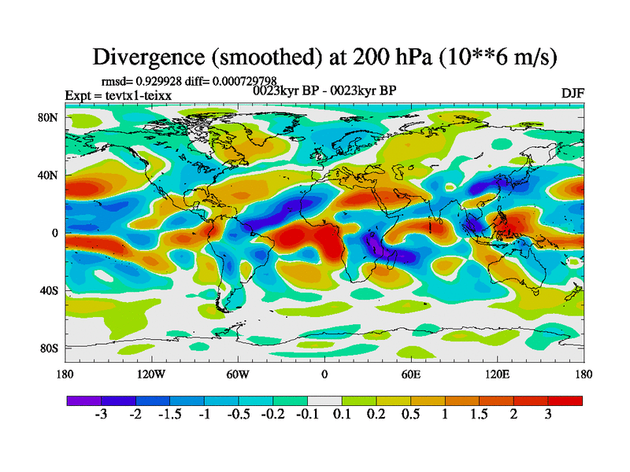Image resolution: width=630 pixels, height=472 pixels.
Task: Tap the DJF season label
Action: click(573, 93)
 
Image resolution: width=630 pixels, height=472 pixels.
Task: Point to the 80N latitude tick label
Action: click(49, 119)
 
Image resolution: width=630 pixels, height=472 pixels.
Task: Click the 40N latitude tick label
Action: click(49, 176)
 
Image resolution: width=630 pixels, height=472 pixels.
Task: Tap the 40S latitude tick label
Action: click(49, 291)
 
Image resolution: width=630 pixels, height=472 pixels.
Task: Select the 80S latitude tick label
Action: click(49, 348)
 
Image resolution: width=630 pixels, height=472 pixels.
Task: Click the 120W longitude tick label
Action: click(151, 374)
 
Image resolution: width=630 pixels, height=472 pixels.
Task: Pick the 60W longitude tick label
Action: click(238, 374)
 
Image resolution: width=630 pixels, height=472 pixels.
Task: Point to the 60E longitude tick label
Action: click(411, 374)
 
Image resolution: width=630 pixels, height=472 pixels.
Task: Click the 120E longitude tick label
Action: click(497, 374)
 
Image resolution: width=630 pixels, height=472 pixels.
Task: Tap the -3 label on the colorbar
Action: click(100, 415)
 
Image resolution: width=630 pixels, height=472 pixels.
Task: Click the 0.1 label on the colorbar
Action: click(341, 415)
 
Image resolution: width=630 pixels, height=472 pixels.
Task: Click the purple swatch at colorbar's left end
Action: click(79, 400)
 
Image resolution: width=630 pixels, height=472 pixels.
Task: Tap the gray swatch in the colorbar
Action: click(324, 400)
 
